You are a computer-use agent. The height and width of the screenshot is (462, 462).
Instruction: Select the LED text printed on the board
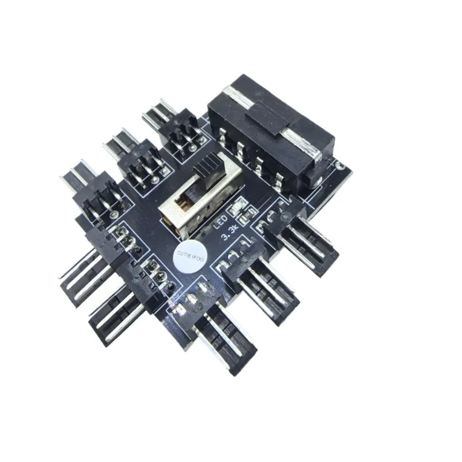point(220,222)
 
